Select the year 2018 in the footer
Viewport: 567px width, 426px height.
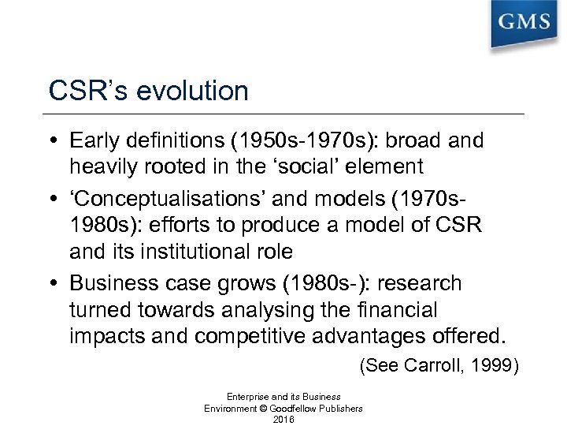click(283, 419)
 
